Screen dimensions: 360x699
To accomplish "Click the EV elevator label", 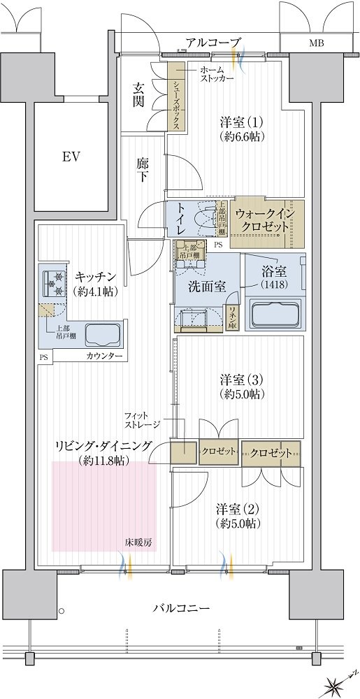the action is (x=71, y=157).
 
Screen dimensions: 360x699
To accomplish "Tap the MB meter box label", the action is (x=317, y=43).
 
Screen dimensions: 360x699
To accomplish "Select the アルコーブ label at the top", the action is (x=214, y=43).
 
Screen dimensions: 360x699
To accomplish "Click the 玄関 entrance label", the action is (x=137, y=95).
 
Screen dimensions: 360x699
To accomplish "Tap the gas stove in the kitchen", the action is (x=55, y=284).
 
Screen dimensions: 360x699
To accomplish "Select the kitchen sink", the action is (x=103, y=334).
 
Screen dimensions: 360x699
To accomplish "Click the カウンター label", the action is (x=104, y=356).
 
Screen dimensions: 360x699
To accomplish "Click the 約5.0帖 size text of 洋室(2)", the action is (x=238, y=522).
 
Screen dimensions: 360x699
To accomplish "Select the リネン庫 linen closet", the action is (x=233, y=318).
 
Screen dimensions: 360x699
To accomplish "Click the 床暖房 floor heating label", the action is (x=138, y=542).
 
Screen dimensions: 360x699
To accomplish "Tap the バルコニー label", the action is (x=182, y=607).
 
